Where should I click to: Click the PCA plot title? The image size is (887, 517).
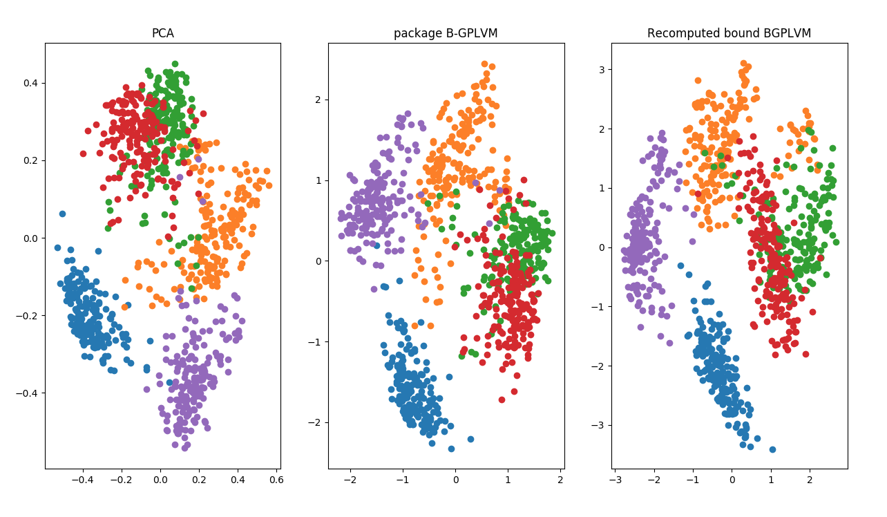pos(162,33)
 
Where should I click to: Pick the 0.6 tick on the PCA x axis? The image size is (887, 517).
pos(276,478)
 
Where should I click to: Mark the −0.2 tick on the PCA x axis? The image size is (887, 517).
pos(119,478)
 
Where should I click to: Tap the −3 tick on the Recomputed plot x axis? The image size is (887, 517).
pos(613,478)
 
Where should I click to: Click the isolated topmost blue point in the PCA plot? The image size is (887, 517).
pos(62,214)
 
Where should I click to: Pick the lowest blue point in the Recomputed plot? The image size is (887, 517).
pos(772,449)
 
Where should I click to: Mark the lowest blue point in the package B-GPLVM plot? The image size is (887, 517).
pos(451,449)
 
